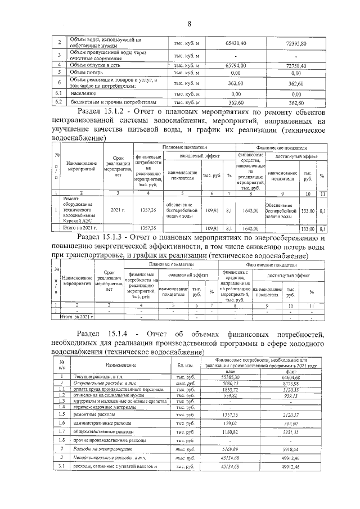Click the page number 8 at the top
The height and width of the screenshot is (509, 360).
point(189,24)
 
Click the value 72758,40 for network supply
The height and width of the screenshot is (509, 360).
point(296,65)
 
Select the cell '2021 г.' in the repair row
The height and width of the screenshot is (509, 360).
point(118,210)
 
